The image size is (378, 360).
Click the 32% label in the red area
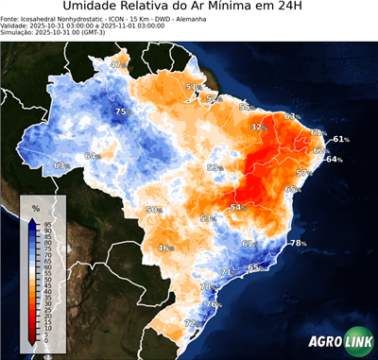click(258, 127)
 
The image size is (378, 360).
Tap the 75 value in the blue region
click(120, 112)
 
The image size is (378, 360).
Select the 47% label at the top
click(117, 64)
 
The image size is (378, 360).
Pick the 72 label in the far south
click(190, 323)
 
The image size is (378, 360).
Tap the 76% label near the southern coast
click(214, 304)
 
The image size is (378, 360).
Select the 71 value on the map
click(226, 272)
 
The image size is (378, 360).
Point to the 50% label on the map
click(155, 210)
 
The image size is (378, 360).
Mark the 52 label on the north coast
click(212, 97)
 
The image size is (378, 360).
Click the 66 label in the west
click(91, 156)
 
